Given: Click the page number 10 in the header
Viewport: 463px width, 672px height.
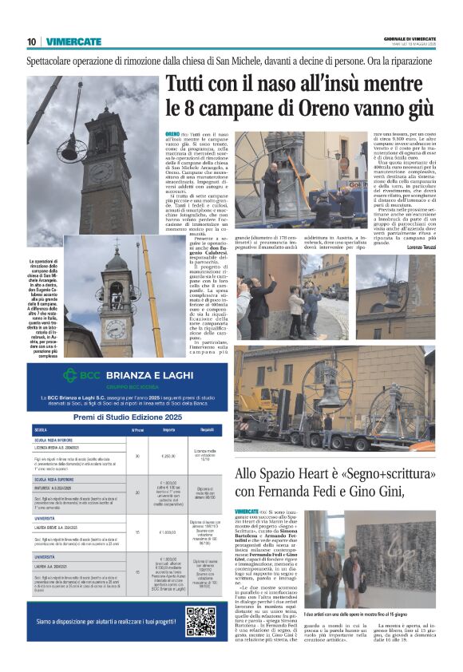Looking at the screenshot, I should click(x=31, y=42).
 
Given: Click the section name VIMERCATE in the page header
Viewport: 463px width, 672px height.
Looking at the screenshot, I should click(x=74, y=42).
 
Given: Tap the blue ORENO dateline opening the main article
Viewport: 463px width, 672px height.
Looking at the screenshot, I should click(x=172, y=133).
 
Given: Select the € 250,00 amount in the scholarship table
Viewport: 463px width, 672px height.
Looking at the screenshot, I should click(x=168, y=456).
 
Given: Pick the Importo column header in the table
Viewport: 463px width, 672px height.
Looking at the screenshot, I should click(x=168, y=430).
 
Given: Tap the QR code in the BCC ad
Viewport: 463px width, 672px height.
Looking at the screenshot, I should click(x=200, y=619).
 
